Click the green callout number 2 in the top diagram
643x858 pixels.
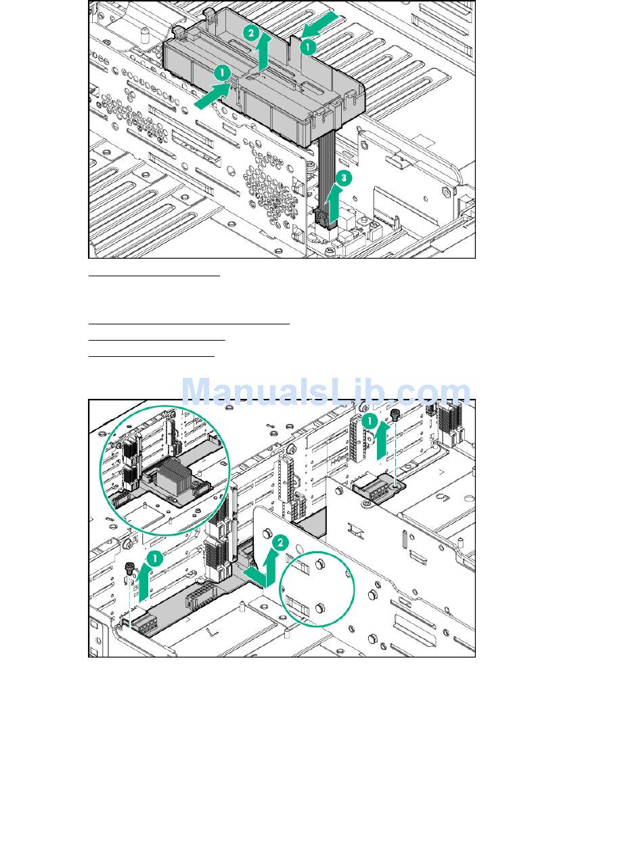click(251, 33)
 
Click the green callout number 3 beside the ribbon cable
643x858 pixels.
click(344, 178)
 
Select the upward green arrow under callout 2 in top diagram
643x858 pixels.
click(265, 53)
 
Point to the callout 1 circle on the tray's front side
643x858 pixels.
click(222, 72)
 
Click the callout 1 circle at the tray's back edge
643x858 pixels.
click(308, 47)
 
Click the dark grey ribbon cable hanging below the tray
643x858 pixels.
click(327, 172)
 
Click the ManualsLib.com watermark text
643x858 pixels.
click(326, 391)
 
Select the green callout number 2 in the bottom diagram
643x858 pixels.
click(280, 542)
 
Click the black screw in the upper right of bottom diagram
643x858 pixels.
click(396, 414)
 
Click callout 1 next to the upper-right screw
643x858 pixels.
click(370, 421)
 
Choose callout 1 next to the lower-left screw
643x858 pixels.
click(155, 558)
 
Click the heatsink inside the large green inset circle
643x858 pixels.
click(174, 473)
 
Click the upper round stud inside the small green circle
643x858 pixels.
click(320, 563)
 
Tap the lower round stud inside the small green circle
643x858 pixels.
click(320, 607)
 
